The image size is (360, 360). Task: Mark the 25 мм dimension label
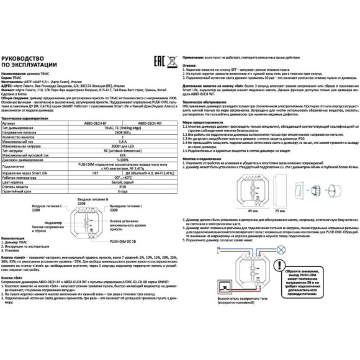click(x=280, y=177)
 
